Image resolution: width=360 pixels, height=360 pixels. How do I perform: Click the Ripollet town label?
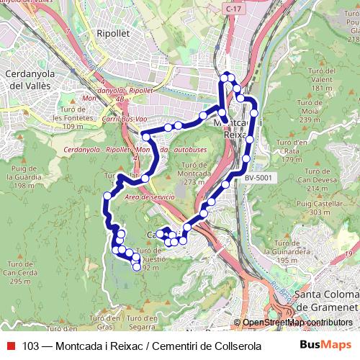(x=113, y=33)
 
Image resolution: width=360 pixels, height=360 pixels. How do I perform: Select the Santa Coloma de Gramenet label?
(x=328, y=300)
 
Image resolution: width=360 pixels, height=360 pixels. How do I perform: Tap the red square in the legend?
(x=11, y=346)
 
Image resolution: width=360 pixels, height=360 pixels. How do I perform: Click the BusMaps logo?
(x=326, y=346)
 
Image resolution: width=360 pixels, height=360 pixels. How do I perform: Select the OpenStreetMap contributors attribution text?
(x=297, y=323)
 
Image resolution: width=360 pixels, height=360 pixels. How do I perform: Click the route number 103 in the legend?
(x=30, y=346)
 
